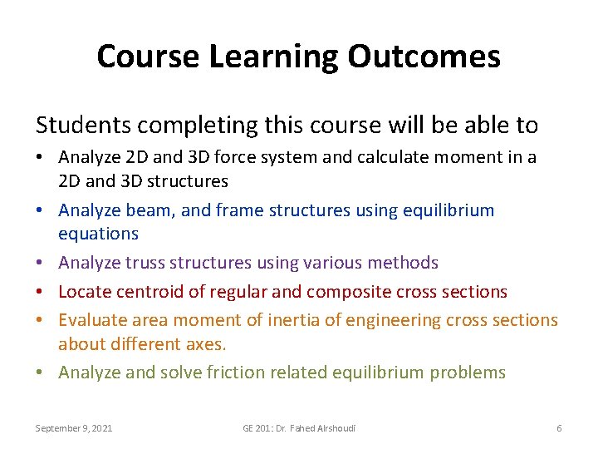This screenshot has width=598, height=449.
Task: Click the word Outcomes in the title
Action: (424, 57)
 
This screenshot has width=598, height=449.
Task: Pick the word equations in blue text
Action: (98, 234)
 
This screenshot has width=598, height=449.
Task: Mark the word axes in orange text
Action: (208, 343)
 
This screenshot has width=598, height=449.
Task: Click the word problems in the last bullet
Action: (468, 372)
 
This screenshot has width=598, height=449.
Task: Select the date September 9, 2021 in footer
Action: (74, 428)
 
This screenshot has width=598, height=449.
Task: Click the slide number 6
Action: (559, 428)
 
